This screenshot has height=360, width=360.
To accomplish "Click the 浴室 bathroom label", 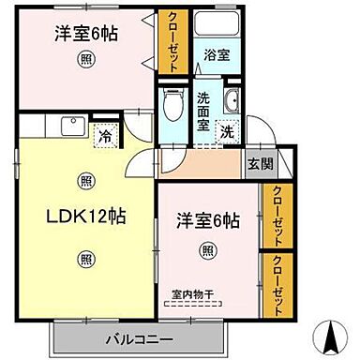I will click(x=217, y=55).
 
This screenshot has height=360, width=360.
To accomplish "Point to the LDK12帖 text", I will click(x=85, y=216).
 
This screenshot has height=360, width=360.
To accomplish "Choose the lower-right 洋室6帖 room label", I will click(x=206, y=221).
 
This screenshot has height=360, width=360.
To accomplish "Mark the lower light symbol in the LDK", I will click(x=85, y=259).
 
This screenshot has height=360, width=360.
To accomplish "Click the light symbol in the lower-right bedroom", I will click(x=206, y=249).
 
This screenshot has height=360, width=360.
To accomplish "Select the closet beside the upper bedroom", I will click(x=172, y=41).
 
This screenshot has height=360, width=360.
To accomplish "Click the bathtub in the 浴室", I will click(x=217, y=35).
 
